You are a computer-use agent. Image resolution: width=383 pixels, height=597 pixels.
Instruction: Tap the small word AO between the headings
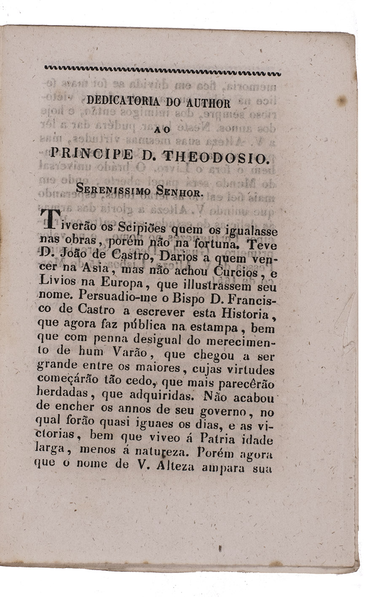(162, 130)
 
